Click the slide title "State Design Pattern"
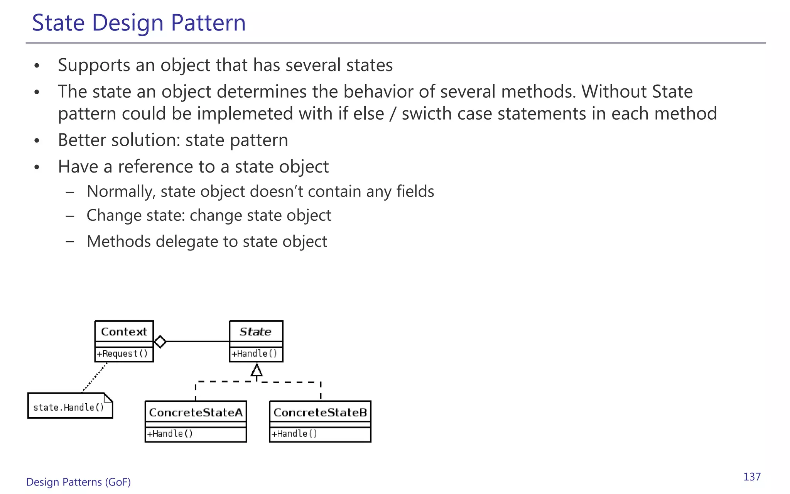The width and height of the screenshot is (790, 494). point(139,22)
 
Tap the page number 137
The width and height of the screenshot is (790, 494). point(752,477)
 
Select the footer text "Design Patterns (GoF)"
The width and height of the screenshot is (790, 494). point(78,482)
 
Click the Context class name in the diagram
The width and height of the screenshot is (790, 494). point(124,332)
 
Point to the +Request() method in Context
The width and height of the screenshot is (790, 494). point(123,354)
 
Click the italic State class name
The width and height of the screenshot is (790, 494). point(255,332)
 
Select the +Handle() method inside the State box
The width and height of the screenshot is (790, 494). point(255,354)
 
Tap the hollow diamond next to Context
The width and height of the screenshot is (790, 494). point(160,342)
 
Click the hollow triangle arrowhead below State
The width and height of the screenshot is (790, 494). point(257,370)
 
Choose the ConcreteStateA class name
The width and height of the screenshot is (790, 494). point(196,413)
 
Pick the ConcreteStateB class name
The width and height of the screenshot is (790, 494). point(320,413)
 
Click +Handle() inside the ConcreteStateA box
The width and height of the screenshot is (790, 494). point(170,434)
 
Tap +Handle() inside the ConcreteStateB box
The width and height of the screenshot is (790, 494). point(295,434)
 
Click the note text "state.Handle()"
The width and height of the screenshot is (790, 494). point(69,408)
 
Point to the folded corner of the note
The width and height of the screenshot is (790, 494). point(108,397)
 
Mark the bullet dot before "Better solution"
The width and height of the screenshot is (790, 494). point(37,140)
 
